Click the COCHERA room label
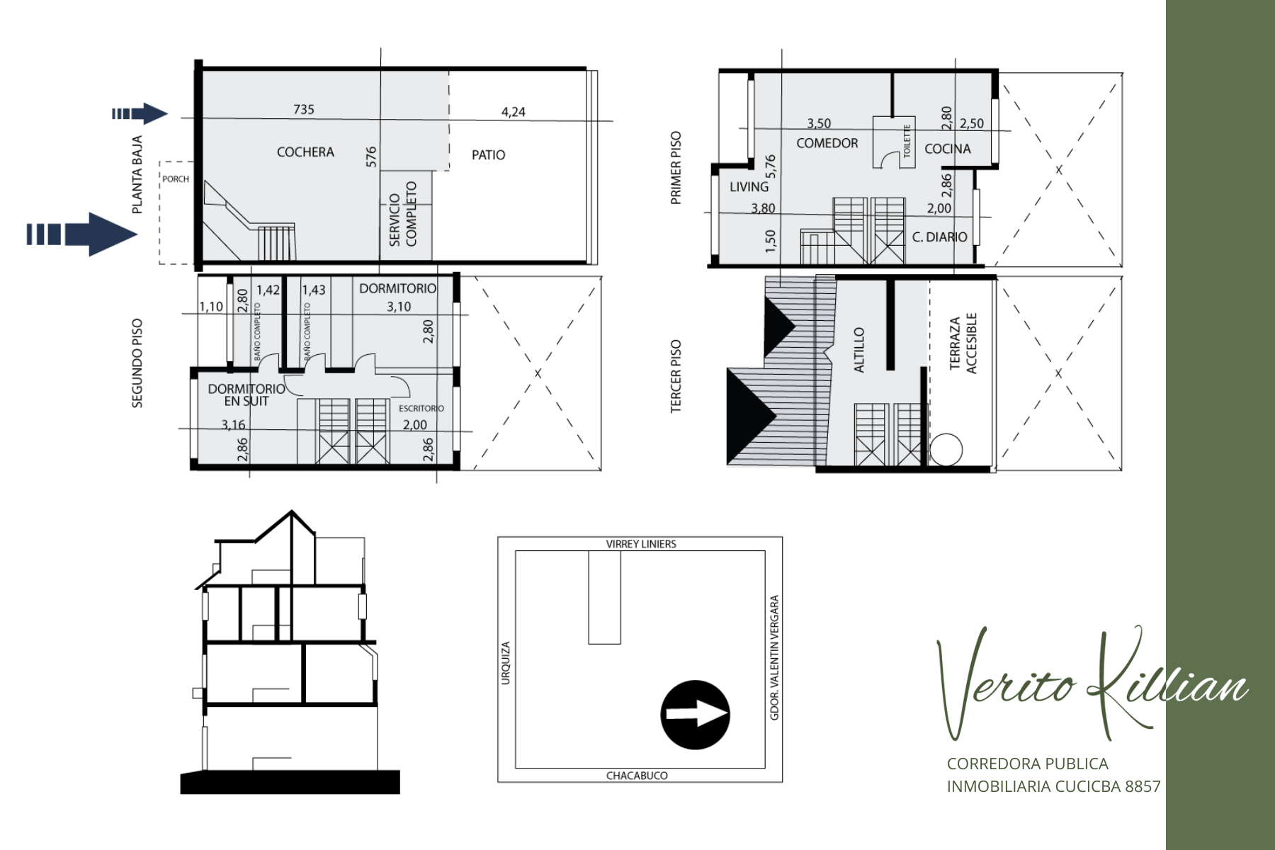305,152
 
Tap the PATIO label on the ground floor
489,155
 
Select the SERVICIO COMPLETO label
403,214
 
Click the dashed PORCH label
176,179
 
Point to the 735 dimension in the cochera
304,109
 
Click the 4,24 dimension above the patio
514,112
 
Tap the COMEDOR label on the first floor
827,143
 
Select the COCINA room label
948,149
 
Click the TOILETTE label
907,141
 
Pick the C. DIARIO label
939,237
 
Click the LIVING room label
749,186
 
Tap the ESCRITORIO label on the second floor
421,409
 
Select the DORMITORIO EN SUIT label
246,395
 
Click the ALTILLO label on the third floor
859,350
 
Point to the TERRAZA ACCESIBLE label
963,343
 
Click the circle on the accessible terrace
946,450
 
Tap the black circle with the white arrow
695,715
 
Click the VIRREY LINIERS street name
641,544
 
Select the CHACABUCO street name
637,776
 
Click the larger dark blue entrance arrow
82,234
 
